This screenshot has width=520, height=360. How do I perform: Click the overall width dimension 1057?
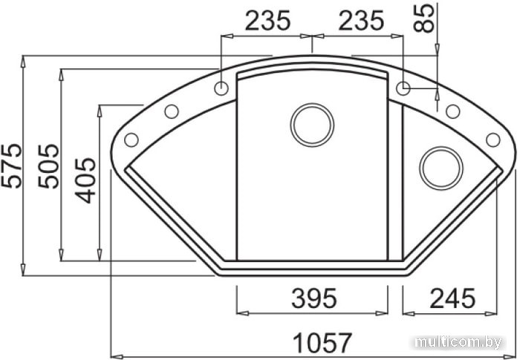[x=322, y=343]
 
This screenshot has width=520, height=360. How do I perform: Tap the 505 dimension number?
[x=48, y=166]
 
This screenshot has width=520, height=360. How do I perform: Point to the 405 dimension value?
[x=85, y=180]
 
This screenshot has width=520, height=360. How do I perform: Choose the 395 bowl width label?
[x=313, y=298]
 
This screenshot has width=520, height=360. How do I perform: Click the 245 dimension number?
[x=452, y=298]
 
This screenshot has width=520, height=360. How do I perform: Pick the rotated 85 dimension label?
[x=423, y=18]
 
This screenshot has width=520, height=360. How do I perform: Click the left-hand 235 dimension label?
[x=267, y=21]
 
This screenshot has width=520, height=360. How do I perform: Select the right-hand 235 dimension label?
[x=361, y=21]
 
